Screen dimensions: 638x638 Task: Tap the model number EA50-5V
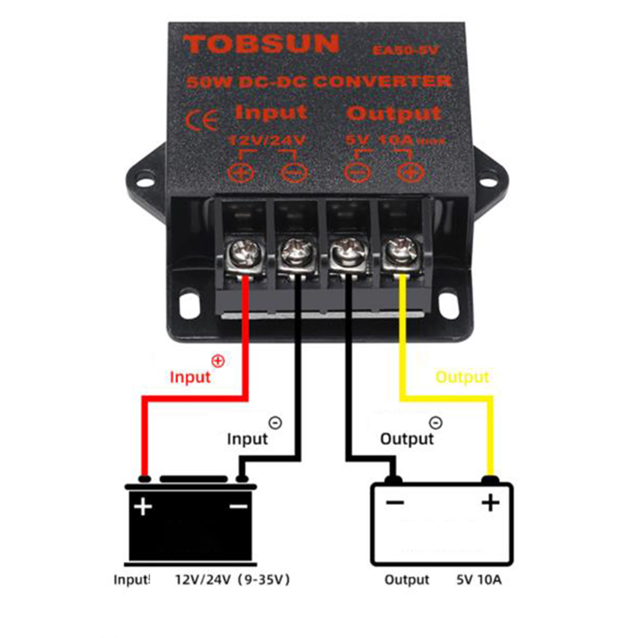click(405, 50)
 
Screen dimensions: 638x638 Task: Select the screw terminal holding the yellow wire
click(401, 251)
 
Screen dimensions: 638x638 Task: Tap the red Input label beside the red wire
click(190, 377)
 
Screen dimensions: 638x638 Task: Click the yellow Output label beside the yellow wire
click(462, 377)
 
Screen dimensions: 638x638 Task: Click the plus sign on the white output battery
click(490, 502)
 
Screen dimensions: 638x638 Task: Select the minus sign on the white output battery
click(395, 502)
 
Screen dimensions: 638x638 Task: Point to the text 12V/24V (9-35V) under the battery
click(232, 579)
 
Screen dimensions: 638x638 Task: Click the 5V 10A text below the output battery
click(478, 579)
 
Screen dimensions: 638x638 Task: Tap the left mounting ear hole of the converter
click(146, 182)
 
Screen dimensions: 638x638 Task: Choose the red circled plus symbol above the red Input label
click(218, 361)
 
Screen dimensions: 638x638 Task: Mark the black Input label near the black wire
click(247, 439)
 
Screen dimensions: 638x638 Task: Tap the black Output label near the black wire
click(407, 439)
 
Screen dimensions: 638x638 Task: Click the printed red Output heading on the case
click(394, 113)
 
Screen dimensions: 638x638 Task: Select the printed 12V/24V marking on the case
click(266, 140)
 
